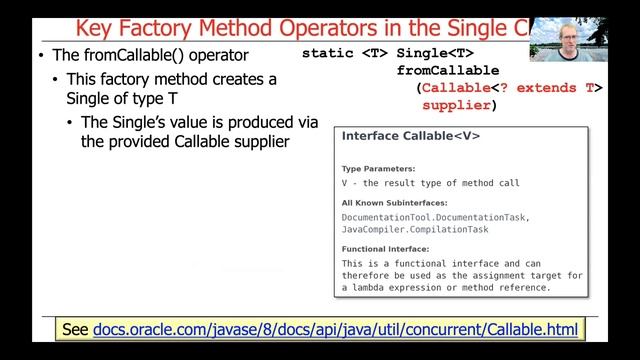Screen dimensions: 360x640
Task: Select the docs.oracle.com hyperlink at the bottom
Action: pos(335,328)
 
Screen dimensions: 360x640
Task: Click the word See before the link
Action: pos(75,328)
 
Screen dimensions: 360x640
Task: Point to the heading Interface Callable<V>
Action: pos(411,135)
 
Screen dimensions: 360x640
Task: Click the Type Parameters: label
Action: pos(379,169)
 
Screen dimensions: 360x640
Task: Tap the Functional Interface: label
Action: pos(385,249)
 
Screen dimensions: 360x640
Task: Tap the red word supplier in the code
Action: pos(456,105)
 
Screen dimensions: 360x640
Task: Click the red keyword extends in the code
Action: pos(547,88)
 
